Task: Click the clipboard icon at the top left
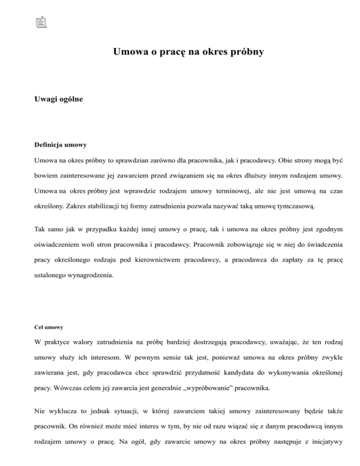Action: [x=42, y=21]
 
